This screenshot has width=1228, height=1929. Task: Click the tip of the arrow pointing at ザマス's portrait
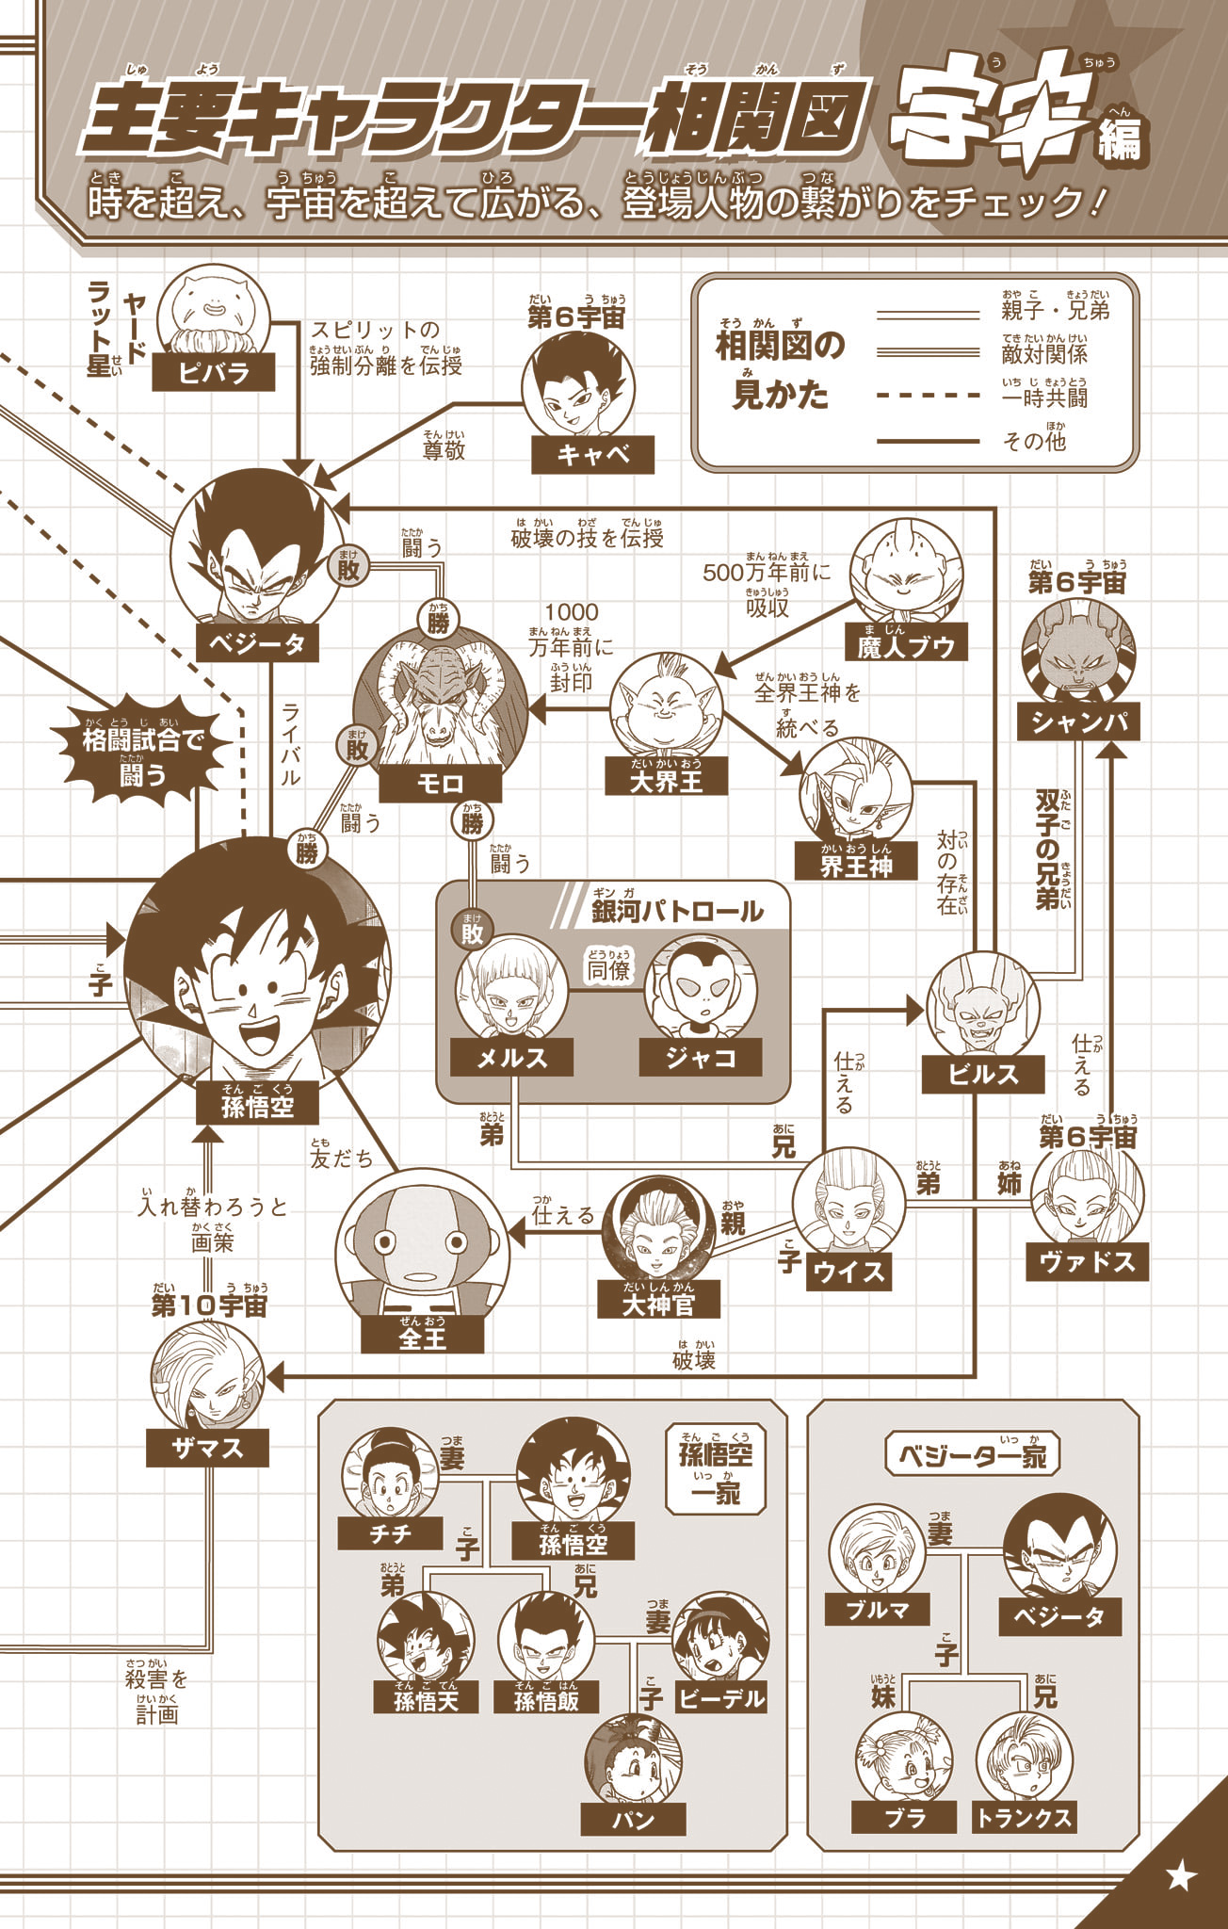[267, 1376]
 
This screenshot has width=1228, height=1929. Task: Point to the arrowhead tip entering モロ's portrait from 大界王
[527, 708]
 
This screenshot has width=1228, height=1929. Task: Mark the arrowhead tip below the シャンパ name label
[1112, 740]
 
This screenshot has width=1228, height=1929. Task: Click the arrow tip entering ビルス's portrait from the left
[925, 1011]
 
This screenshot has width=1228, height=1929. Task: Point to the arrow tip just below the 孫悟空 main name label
[208, 1125]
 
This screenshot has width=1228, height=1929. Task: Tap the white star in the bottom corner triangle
[1181, 1876]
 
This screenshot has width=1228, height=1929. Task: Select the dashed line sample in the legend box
[929, 396]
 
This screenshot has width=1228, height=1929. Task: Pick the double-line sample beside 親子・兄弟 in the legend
[929, 315]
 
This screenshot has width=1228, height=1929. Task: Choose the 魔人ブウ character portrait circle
[906, 575]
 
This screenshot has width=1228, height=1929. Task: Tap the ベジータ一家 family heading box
[973, 1454]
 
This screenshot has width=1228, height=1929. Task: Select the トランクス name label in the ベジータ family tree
[1024, 1817]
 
